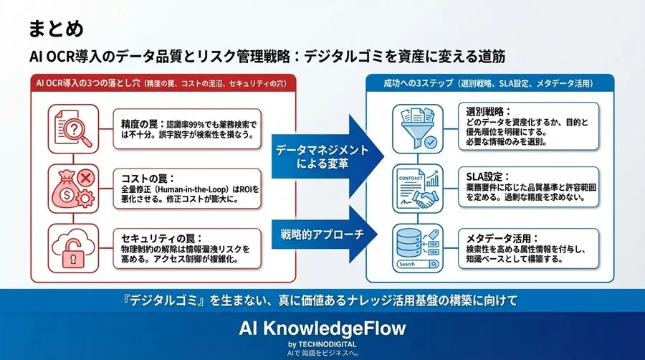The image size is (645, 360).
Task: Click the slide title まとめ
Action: click(x=56, y=29)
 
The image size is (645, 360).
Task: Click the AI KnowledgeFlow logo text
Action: click(x=322, y=328)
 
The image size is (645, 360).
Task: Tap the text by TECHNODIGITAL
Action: click(x=322, y=344)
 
